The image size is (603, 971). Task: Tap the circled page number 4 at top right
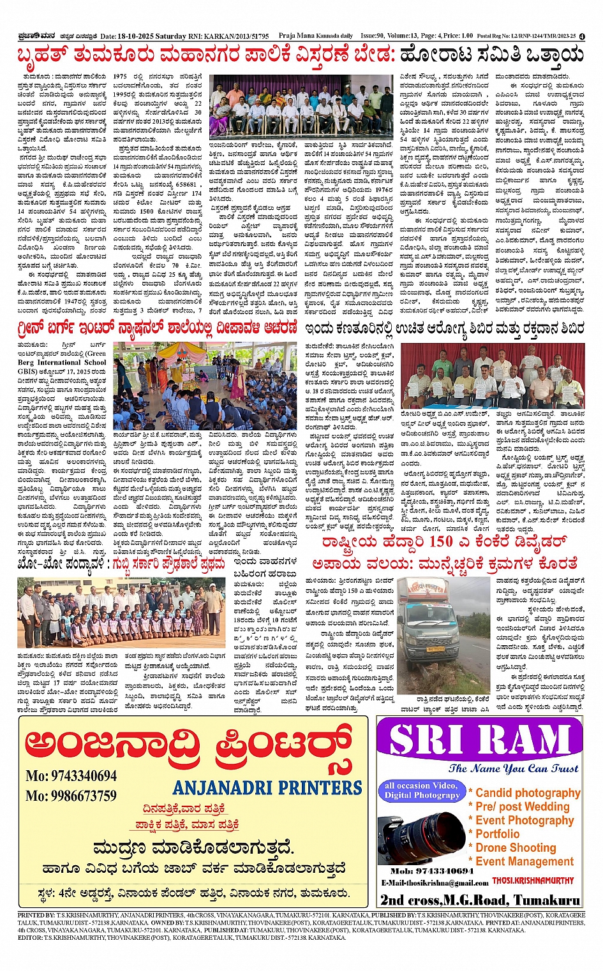(582, 36)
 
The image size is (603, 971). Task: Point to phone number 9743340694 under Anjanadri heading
(71, 776)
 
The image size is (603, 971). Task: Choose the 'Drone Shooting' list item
(516, 847)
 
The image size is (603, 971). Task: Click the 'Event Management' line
(525, 861)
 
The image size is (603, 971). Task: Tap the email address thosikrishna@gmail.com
(435, 882)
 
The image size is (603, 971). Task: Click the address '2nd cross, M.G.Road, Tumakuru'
(480, 900)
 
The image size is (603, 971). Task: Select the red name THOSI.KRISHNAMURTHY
(533, 880)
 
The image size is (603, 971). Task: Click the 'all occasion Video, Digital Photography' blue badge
(422, 791)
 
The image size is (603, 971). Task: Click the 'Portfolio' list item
(497, 834)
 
